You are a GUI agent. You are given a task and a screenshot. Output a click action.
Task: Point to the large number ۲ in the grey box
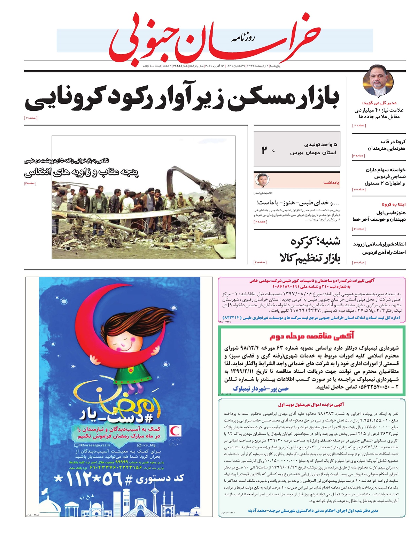(264, 150)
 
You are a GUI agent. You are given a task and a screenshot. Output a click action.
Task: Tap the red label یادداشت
(331, 182)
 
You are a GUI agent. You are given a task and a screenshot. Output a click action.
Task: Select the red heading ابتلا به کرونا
(393, 204)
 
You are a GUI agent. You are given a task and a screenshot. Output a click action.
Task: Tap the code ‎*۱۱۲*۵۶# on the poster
(118, 480)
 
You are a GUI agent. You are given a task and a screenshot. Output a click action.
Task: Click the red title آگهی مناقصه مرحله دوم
(312, 336)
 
